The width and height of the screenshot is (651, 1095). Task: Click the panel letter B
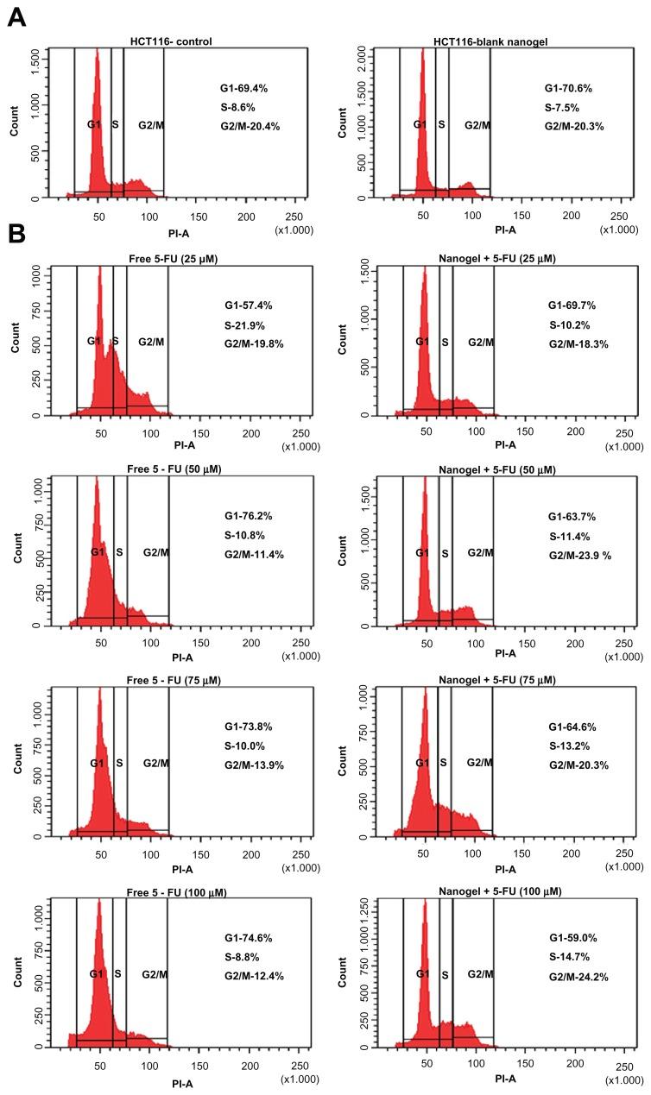click(16, 236)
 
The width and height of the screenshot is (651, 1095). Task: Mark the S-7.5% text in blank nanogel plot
click(561, 107)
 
